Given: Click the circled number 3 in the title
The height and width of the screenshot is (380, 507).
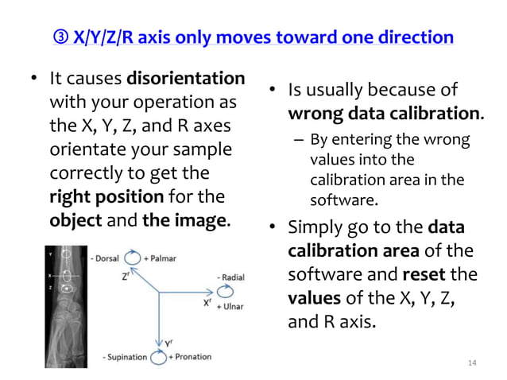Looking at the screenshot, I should [x=61, y=37].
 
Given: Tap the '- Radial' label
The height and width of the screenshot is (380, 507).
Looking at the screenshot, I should [x=230, y=277].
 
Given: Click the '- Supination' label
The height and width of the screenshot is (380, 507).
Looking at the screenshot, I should [x=126, y=358].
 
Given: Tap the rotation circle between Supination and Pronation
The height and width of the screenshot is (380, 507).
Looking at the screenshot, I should [x=160, y=357].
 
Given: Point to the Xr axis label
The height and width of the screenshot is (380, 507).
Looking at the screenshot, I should [x=207, y=302].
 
